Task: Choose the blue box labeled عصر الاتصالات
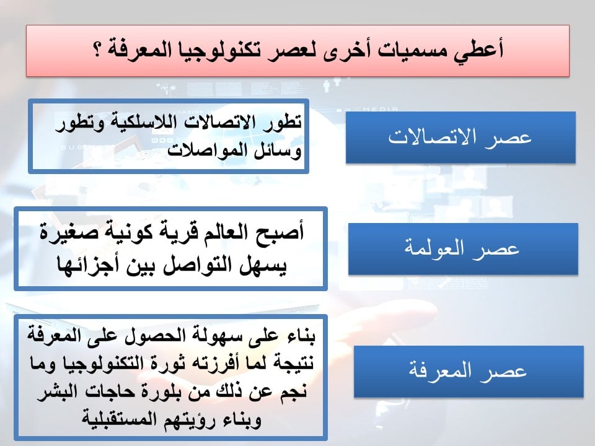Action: tap(461, 138)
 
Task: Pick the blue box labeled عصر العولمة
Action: tap(463, 249)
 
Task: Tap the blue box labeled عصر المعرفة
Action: tap(469, 371)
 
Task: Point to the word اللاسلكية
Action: tap(144, 123)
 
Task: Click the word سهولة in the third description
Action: tap(213, 336)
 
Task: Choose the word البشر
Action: tap(57, 391)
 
